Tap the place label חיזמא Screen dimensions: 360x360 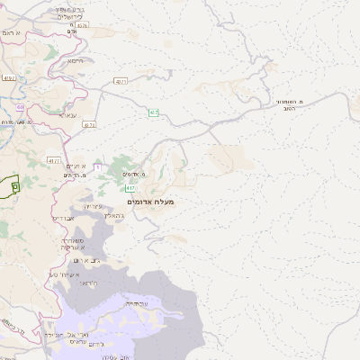[75, 61]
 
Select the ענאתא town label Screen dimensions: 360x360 [67, 115]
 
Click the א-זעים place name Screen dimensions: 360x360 [76, 166]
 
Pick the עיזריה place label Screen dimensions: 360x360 [93, 207]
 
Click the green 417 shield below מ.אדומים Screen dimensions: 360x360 [130, 187]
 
